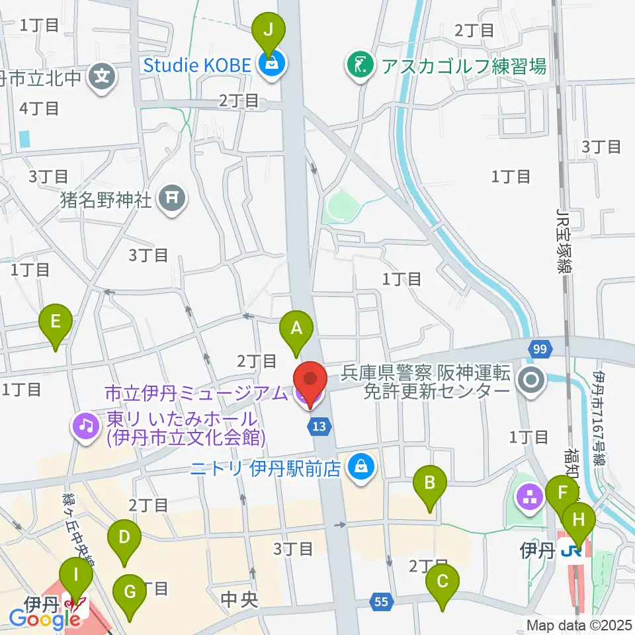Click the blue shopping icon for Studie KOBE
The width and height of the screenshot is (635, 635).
pyautogui.click(x=271, y=65)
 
